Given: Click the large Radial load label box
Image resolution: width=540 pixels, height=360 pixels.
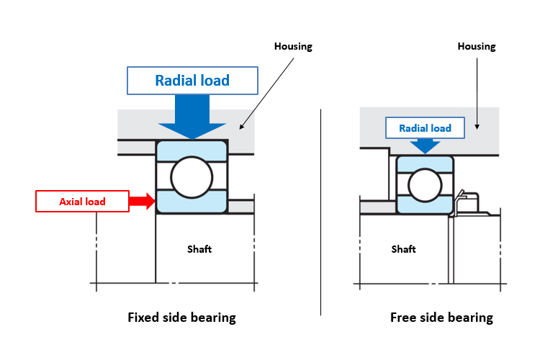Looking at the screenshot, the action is [192, 81].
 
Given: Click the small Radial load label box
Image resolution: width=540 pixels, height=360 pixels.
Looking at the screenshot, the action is [425, 128].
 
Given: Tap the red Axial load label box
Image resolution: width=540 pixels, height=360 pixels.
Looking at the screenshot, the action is [82, 201].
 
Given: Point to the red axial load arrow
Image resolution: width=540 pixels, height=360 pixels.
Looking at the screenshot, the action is [142, 201].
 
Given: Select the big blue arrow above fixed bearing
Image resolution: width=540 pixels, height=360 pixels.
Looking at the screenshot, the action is [192, 117].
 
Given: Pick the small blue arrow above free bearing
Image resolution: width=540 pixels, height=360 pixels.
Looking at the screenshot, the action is [425, 146].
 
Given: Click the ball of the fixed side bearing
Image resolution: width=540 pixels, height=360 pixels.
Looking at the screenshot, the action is [192, 177].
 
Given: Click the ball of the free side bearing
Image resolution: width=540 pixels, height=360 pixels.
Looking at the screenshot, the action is [425, 185].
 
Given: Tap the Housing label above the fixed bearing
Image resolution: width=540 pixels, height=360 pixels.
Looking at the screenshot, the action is [293, 46].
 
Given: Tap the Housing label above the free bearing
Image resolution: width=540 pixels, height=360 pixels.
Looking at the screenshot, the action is [477, 46].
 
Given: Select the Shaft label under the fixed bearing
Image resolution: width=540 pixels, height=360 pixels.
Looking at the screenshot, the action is [199, 248].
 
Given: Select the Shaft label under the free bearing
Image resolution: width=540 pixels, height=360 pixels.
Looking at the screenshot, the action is [403, 248].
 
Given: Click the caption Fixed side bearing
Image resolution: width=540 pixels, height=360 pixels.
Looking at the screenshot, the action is [182, 318].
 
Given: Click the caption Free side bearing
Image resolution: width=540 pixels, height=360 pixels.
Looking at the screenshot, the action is [441, 318].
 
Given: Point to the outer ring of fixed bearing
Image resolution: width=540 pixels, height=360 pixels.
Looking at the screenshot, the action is [192, 150].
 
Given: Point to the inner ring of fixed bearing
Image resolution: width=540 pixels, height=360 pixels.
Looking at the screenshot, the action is [192, 202].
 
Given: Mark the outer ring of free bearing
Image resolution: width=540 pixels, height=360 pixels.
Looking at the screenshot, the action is [425, 164].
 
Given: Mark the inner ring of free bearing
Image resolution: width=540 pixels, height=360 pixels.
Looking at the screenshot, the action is [425, 205].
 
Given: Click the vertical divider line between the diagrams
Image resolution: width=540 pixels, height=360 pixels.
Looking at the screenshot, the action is [320, 212].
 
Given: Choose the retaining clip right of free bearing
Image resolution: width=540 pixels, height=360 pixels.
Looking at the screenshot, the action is [466, 203].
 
